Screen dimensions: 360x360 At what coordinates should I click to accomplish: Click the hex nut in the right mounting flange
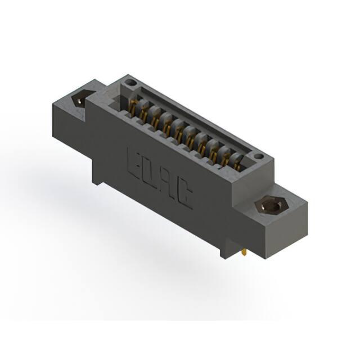click(x=271, y=206)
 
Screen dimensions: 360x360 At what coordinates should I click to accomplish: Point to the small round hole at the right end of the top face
click(x=259, y=157)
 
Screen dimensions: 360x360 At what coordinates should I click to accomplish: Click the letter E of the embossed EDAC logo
click(x=136, y=164)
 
